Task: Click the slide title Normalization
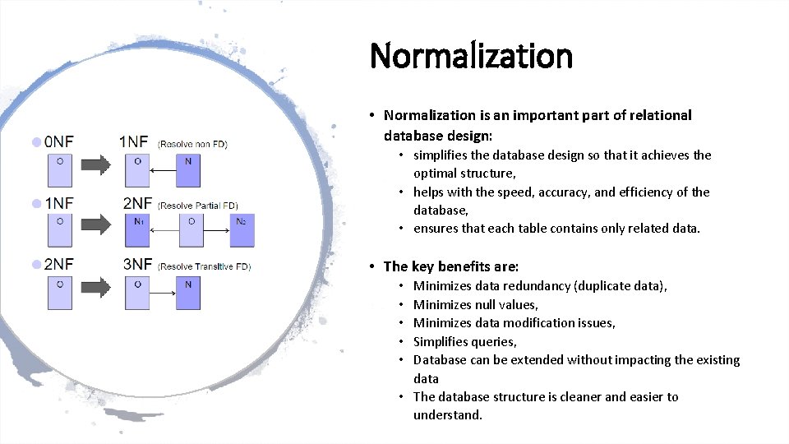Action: [x=471, y=56]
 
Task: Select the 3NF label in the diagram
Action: [x=136, y=264]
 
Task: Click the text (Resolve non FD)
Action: [x=192, y=144]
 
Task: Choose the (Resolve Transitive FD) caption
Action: [x=205, y=266]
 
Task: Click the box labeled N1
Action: [x=137, y=229]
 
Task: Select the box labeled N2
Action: [x=242, y=229]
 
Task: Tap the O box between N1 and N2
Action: [x=191, y=229]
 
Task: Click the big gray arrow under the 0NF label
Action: [x=97, y=167]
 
